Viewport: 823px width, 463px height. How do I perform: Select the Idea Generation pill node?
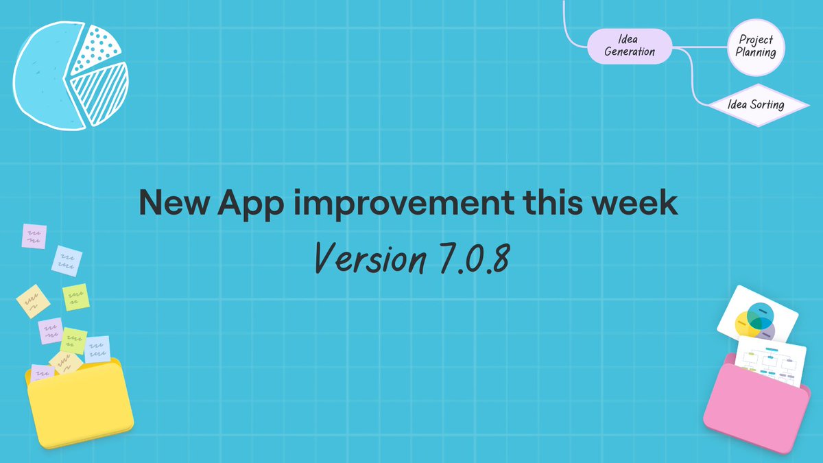(x=630, y=46)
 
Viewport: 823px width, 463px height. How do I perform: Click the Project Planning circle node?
(x=756, y=46)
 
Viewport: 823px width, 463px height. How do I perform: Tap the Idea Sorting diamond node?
(x=756, y=105)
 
